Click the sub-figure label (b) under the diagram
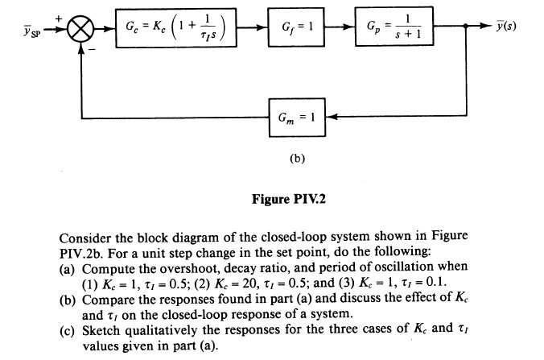[297, 159]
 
